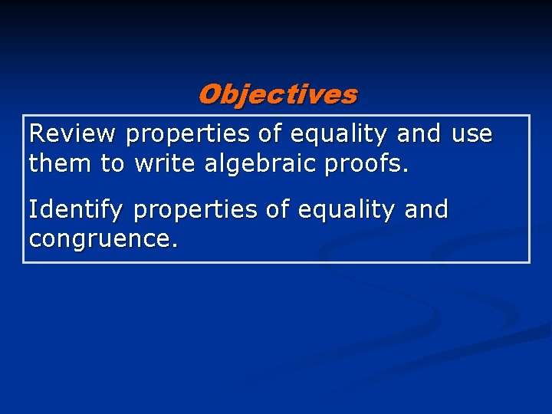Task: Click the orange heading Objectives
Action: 277,95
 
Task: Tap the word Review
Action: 72,135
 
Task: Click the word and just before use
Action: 419,135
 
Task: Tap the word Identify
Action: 77,210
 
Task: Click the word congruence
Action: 100,240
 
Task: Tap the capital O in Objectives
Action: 209,95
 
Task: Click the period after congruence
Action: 176,246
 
